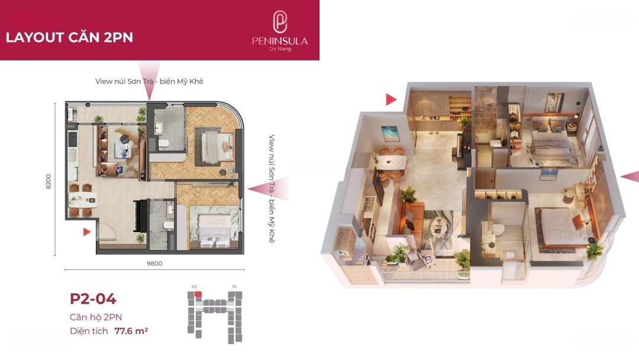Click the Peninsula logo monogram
(x=279, y=21)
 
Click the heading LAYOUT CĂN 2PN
(x=69, y=37)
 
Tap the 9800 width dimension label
(x=154, y=263)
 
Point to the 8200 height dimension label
(x=49, y=181)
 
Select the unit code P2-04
(x=93, y=299)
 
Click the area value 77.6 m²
(x=131, y=330)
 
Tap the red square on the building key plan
(x=198, y=294)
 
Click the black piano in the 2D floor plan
(x=141, y=216)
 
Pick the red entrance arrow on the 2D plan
(x=86, y=232)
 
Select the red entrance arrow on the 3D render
(x=391, y=99)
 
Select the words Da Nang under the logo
(x=280, y=49)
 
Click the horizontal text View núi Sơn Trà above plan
(x=124, y=82)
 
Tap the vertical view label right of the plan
(x=272, y=189)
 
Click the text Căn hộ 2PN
(x=96, y=317)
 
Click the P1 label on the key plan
(x=234, y=287)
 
